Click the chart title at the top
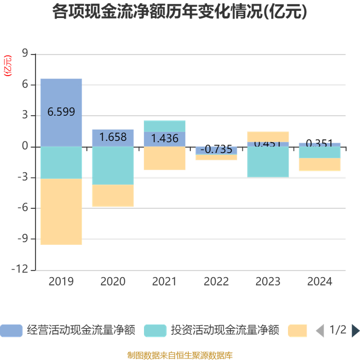click(x=179, y=12)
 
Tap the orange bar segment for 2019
click(x=61, y=211)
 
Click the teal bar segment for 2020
click(x=113, y=166)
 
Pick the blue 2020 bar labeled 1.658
click(x=113, y=137)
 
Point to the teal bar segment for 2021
click(x=165, y=126)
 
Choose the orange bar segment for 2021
click(x=165, y=158)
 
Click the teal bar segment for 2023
click(x=268, y=162)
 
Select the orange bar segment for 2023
click(x=268, y=136)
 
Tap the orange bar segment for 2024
click(x=319, y=164)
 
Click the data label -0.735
click(x=216, y=149)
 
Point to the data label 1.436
click(x=165, y=138)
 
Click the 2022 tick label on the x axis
click(x=216, y=281)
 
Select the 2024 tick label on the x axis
click(x=319, y=281)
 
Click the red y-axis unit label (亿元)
click(x=8, y=65)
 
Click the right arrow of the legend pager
click(x=355, y=330)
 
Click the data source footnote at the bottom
click(x=179, y=355)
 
